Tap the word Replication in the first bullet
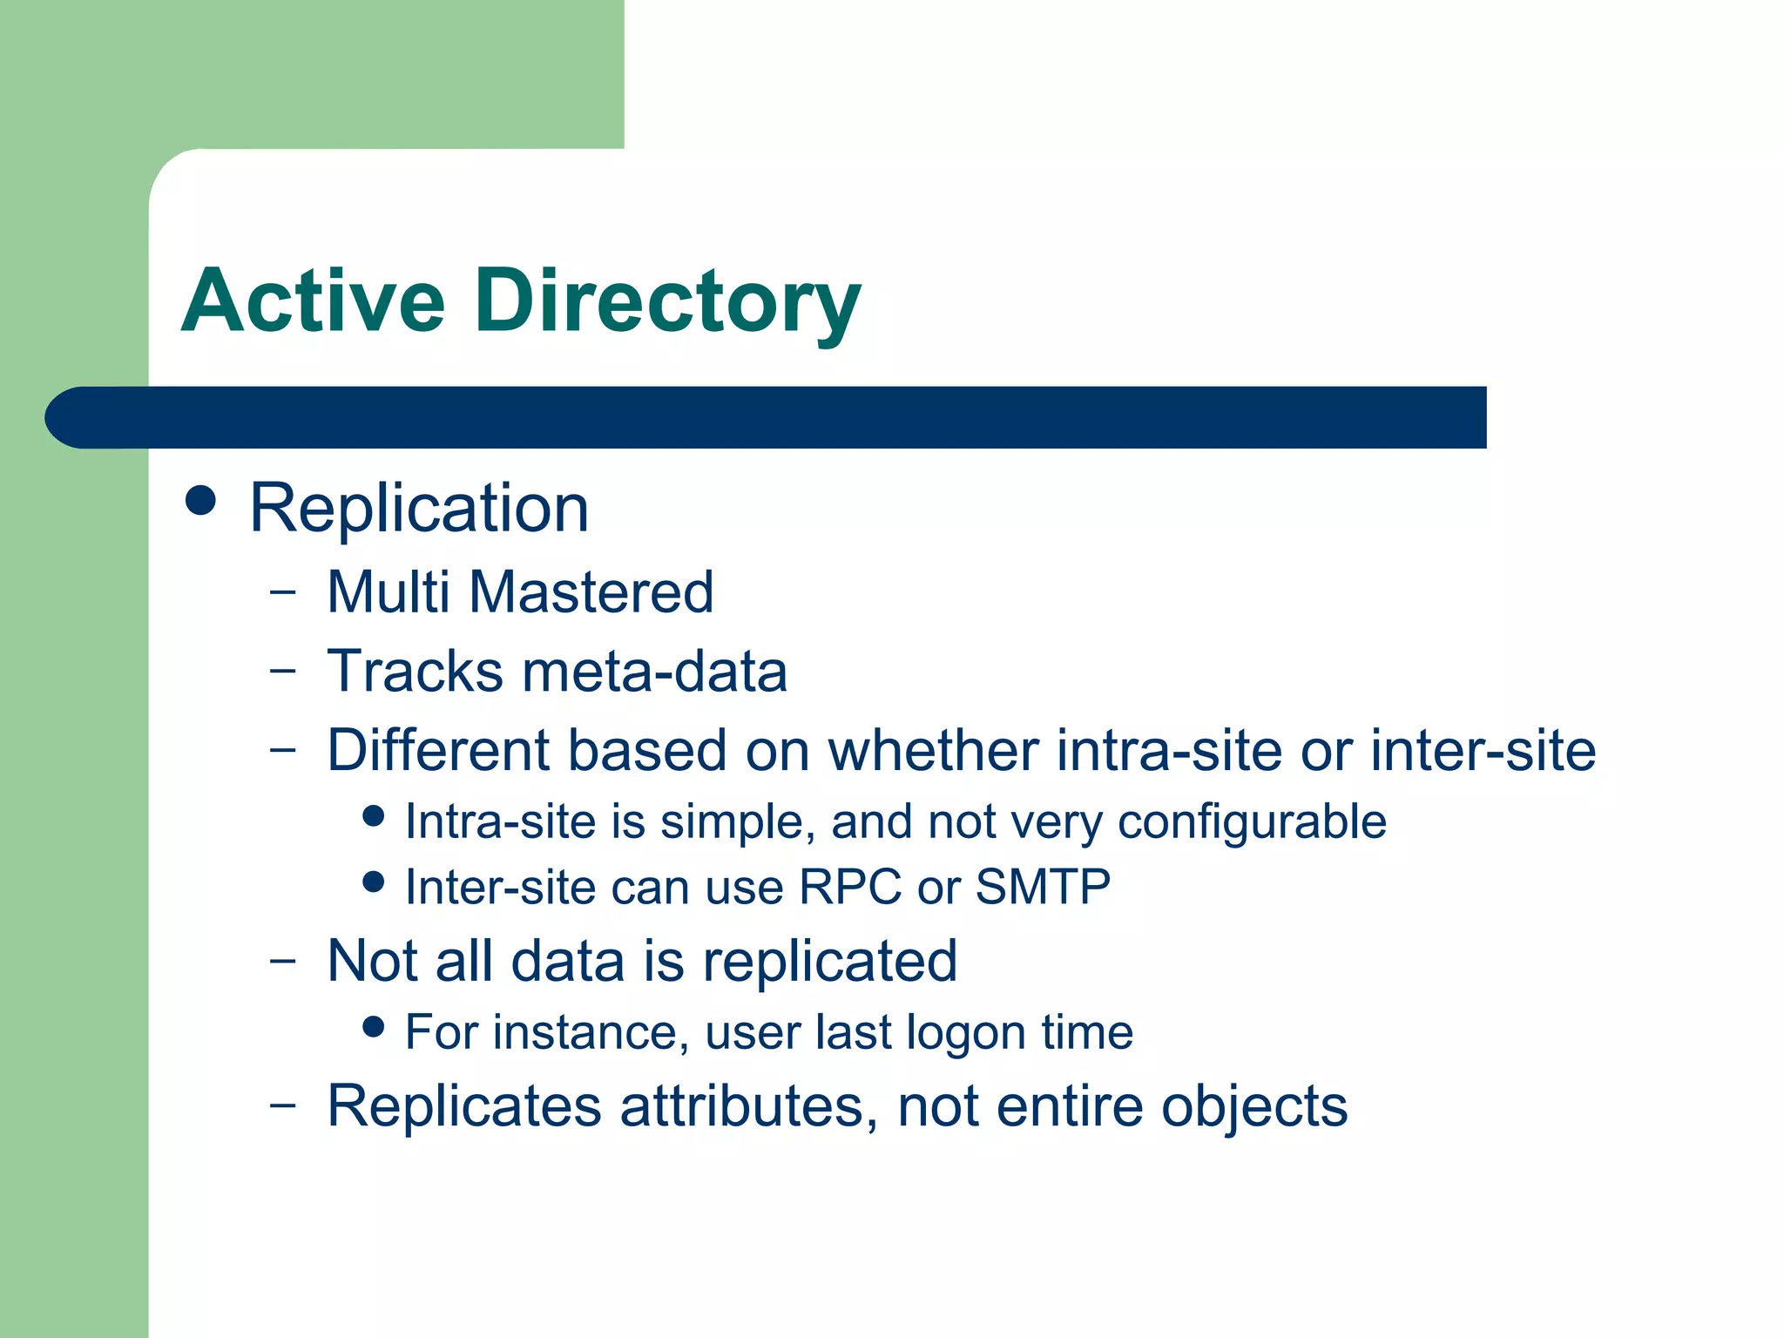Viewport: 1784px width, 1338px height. pyautogui.click(x=419, y=508)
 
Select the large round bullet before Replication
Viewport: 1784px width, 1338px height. pyautogui.click(x=201, y=501)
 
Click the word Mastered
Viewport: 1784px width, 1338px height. pyautogui.click(x=591, y=592)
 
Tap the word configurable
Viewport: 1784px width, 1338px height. pyautogui.click(x=1252, y=821)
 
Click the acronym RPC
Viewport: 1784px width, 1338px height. pyautogui.click(x=850, y=887)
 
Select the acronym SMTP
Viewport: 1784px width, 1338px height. pyautogui.click(x=1043, y=887)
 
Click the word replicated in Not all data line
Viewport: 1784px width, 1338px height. pyautogui.click(x=830, y=961)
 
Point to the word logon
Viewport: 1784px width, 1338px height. pyautogui.click(x=966, y=1033)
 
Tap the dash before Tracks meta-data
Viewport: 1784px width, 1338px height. pyautogui.click(x=283, y=672)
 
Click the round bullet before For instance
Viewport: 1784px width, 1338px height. pyautogui.click(x=374, y=1027)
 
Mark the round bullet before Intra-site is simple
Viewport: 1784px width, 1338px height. pyautogui.click(x=374, y=816)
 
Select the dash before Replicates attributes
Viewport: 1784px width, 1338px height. pyautogui.click(x=283, y=1105)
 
